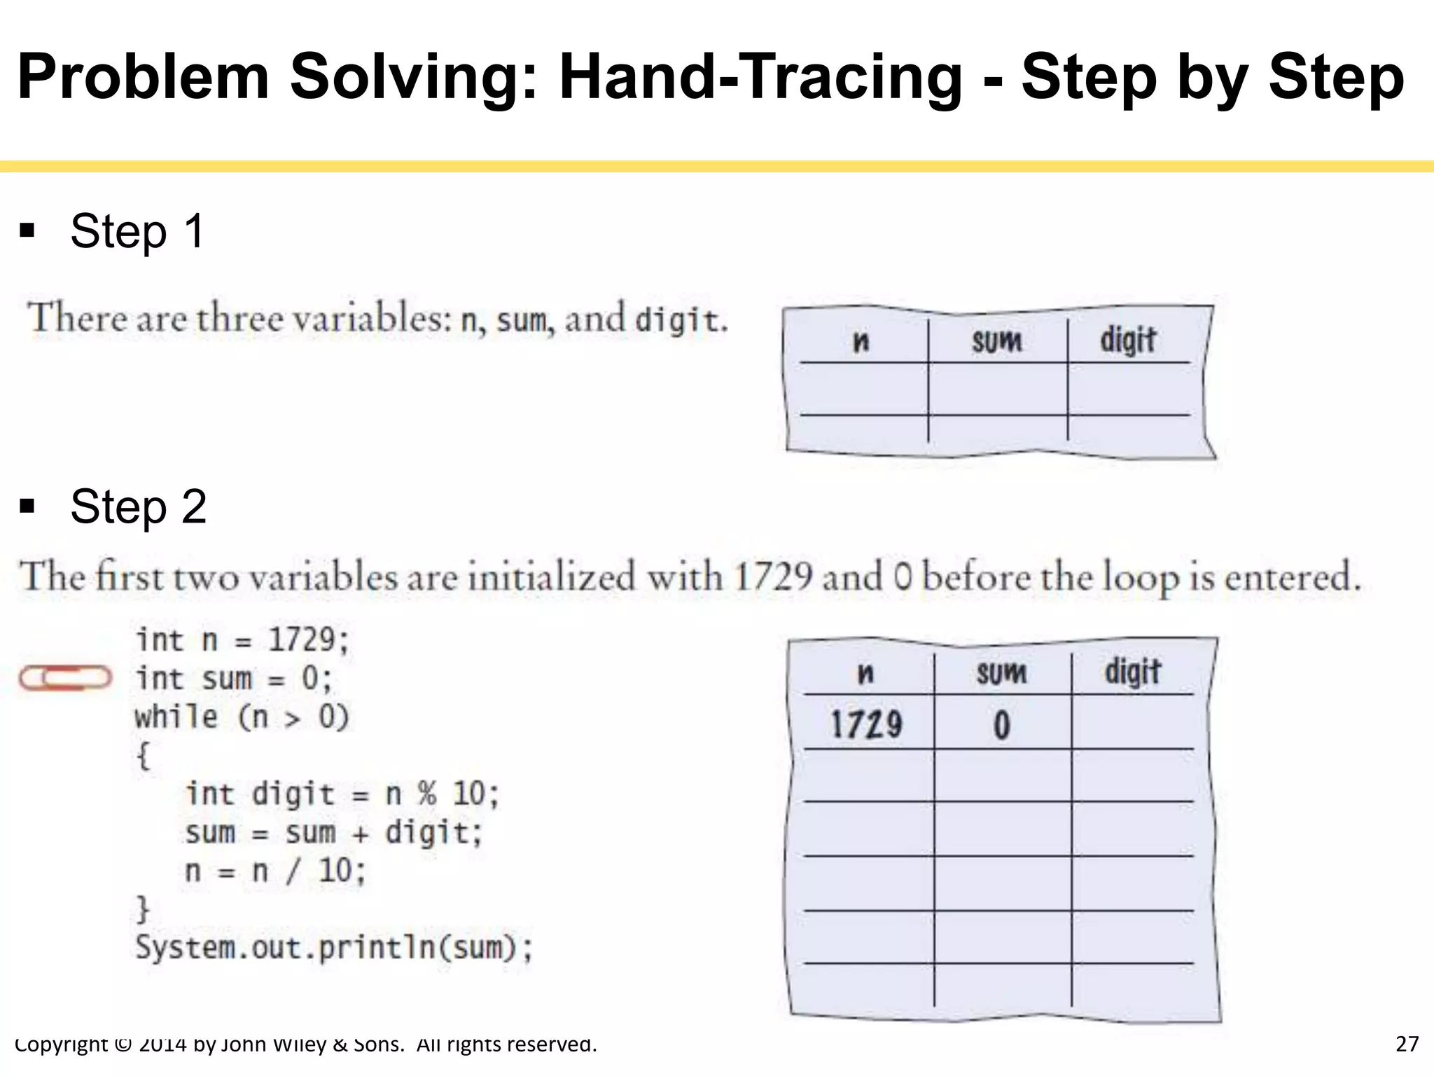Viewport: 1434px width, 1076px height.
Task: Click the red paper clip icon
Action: tap(65, 677)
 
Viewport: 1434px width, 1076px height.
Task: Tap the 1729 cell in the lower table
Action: tap(866, 724)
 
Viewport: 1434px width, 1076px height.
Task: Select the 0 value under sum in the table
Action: tap(1002, 724)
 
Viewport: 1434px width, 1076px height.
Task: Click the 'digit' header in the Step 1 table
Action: tap(1127, 340)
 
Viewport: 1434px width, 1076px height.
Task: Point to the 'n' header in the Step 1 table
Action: tap(861, 342)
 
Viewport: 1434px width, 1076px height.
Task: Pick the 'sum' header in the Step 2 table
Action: tap(1001, 673)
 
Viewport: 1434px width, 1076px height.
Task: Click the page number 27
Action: tap(1407, 1044)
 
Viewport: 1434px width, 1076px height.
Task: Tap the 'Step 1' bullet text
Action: tap(137, 231)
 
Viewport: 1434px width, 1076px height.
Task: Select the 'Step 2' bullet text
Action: tap(139, 506)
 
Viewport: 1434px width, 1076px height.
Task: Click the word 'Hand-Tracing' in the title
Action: tap(760, 77)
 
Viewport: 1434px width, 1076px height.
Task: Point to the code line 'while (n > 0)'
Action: tap(242, 717)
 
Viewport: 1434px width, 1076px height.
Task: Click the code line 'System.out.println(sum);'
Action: tap(334, 948)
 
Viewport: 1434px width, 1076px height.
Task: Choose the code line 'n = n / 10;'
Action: tap(275, 871)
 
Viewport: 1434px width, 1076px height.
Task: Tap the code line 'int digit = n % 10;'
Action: tap(342, 794)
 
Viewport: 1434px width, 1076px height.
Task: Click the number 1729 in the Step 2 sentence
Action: tap(773, 577)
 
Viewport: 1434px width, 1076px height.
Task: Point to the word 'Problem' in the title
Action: tap(144, 77)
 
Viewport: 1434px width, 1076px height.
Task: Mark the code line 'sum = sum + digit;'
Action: tap(334, 833)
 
